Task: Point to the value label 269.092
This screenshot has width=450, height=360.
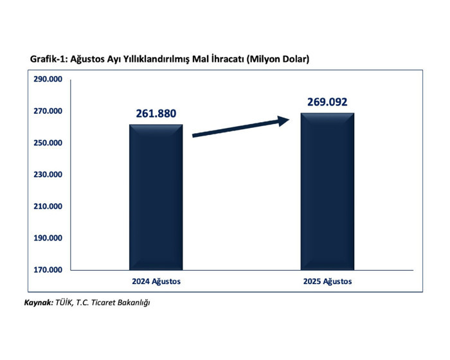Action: [327, 102]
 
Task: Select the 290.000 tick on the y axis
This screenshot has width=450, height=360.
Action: [48, 80]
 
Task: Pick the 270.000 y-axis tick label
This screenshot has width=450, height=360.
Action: [48, 111]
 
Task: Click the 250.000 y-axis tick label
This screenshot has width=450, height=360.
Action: [48, 143]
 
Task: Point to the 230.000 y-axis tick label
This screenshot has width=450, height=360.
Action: [48, 175]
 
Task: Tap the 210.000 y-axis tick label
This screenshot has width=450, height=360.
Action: [48, 206]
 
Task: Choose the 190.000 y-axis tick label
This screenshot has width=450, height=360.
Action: [48, 238]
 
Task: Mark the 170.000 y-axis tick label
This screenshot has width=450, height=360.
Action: [48, 269]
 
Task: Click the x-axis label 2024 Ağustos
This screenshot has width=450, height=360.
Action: [156, 282]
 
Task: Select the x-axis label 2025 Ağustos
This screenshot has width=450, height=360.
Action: [327, 282]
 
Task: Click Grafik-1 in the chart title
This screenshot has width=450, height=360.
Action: [48, 59]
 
